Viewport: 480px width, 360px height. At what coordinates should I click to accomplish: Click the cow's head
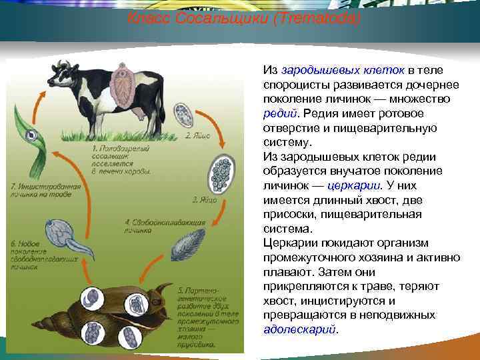click(63, 72)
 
